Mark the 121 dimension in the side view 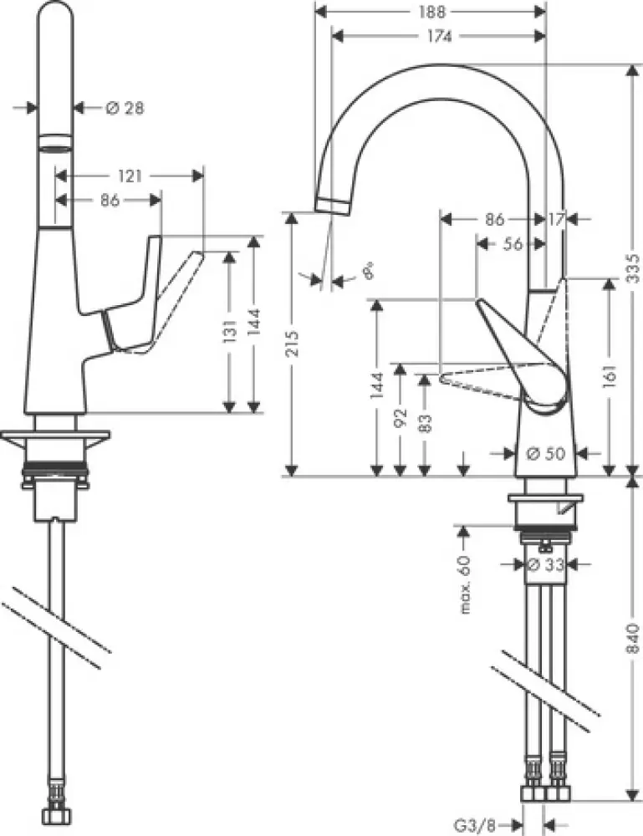[x=130, y=176]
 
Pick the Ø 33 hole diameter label [x=545, y=564]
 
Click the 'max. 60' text [x=466, y=584]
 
